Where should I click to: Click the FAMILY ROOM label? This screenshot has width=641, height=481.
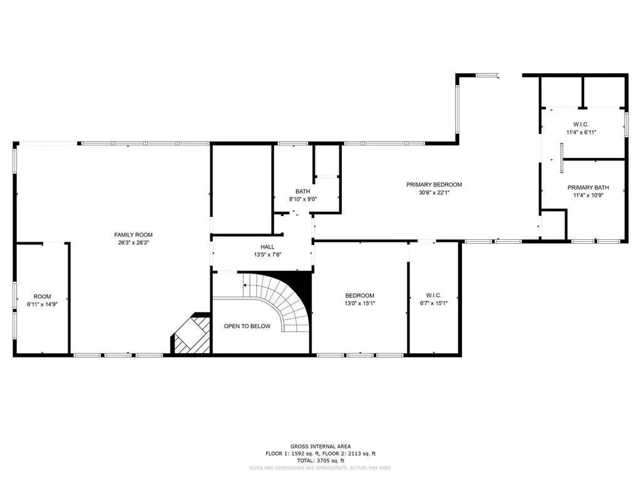pyautogui.click(x=133, y=235)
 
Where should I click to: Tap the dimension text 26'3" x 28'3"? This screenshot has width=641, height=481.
pyautogui.click(x=133, y=242)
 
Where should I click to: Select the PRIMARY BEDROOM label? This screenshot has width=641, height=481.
pyautogui.click(x=434, y=185)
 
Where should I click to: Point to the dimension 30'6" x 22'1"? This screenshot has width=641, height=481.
pyautogui.click(x=434, y=193)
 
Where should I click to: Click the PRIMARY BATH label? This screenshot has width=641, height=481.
pyautogui.click(x=588, y=187)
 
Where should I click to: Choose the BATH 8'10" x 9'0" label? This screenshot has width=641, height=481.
pyautogui.click(x=302, y=195)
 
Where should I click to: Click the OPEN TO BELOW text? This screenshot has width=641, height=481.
pyautogui.click(x=247, y=326)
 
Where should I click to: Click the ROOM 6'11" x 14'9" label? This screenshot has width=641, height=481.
pyautogui.click(x=43, y=300)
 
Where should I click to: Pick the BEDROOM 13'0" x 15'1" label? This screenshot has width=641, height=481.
pyautogui.click(x=360, y=299)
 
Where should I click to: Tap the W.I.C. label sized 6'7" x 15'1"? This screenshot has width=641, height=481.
pyautogui.click(x=434, y=299)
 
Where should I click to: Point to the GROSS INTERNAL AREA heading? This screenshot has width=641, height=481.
pyautogui.click(x=320, y=447)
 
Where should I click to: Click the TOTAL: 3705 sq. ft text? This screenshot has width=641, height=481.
pyautogui.click(x=320, y=460)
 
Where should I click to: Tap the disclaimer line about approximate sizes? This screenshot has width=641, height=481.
pyautogui.click(x=320, y=467)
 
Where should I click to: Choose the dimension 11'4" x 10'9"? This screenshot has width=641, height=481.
pyautogui.click(x=588, y=195)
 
